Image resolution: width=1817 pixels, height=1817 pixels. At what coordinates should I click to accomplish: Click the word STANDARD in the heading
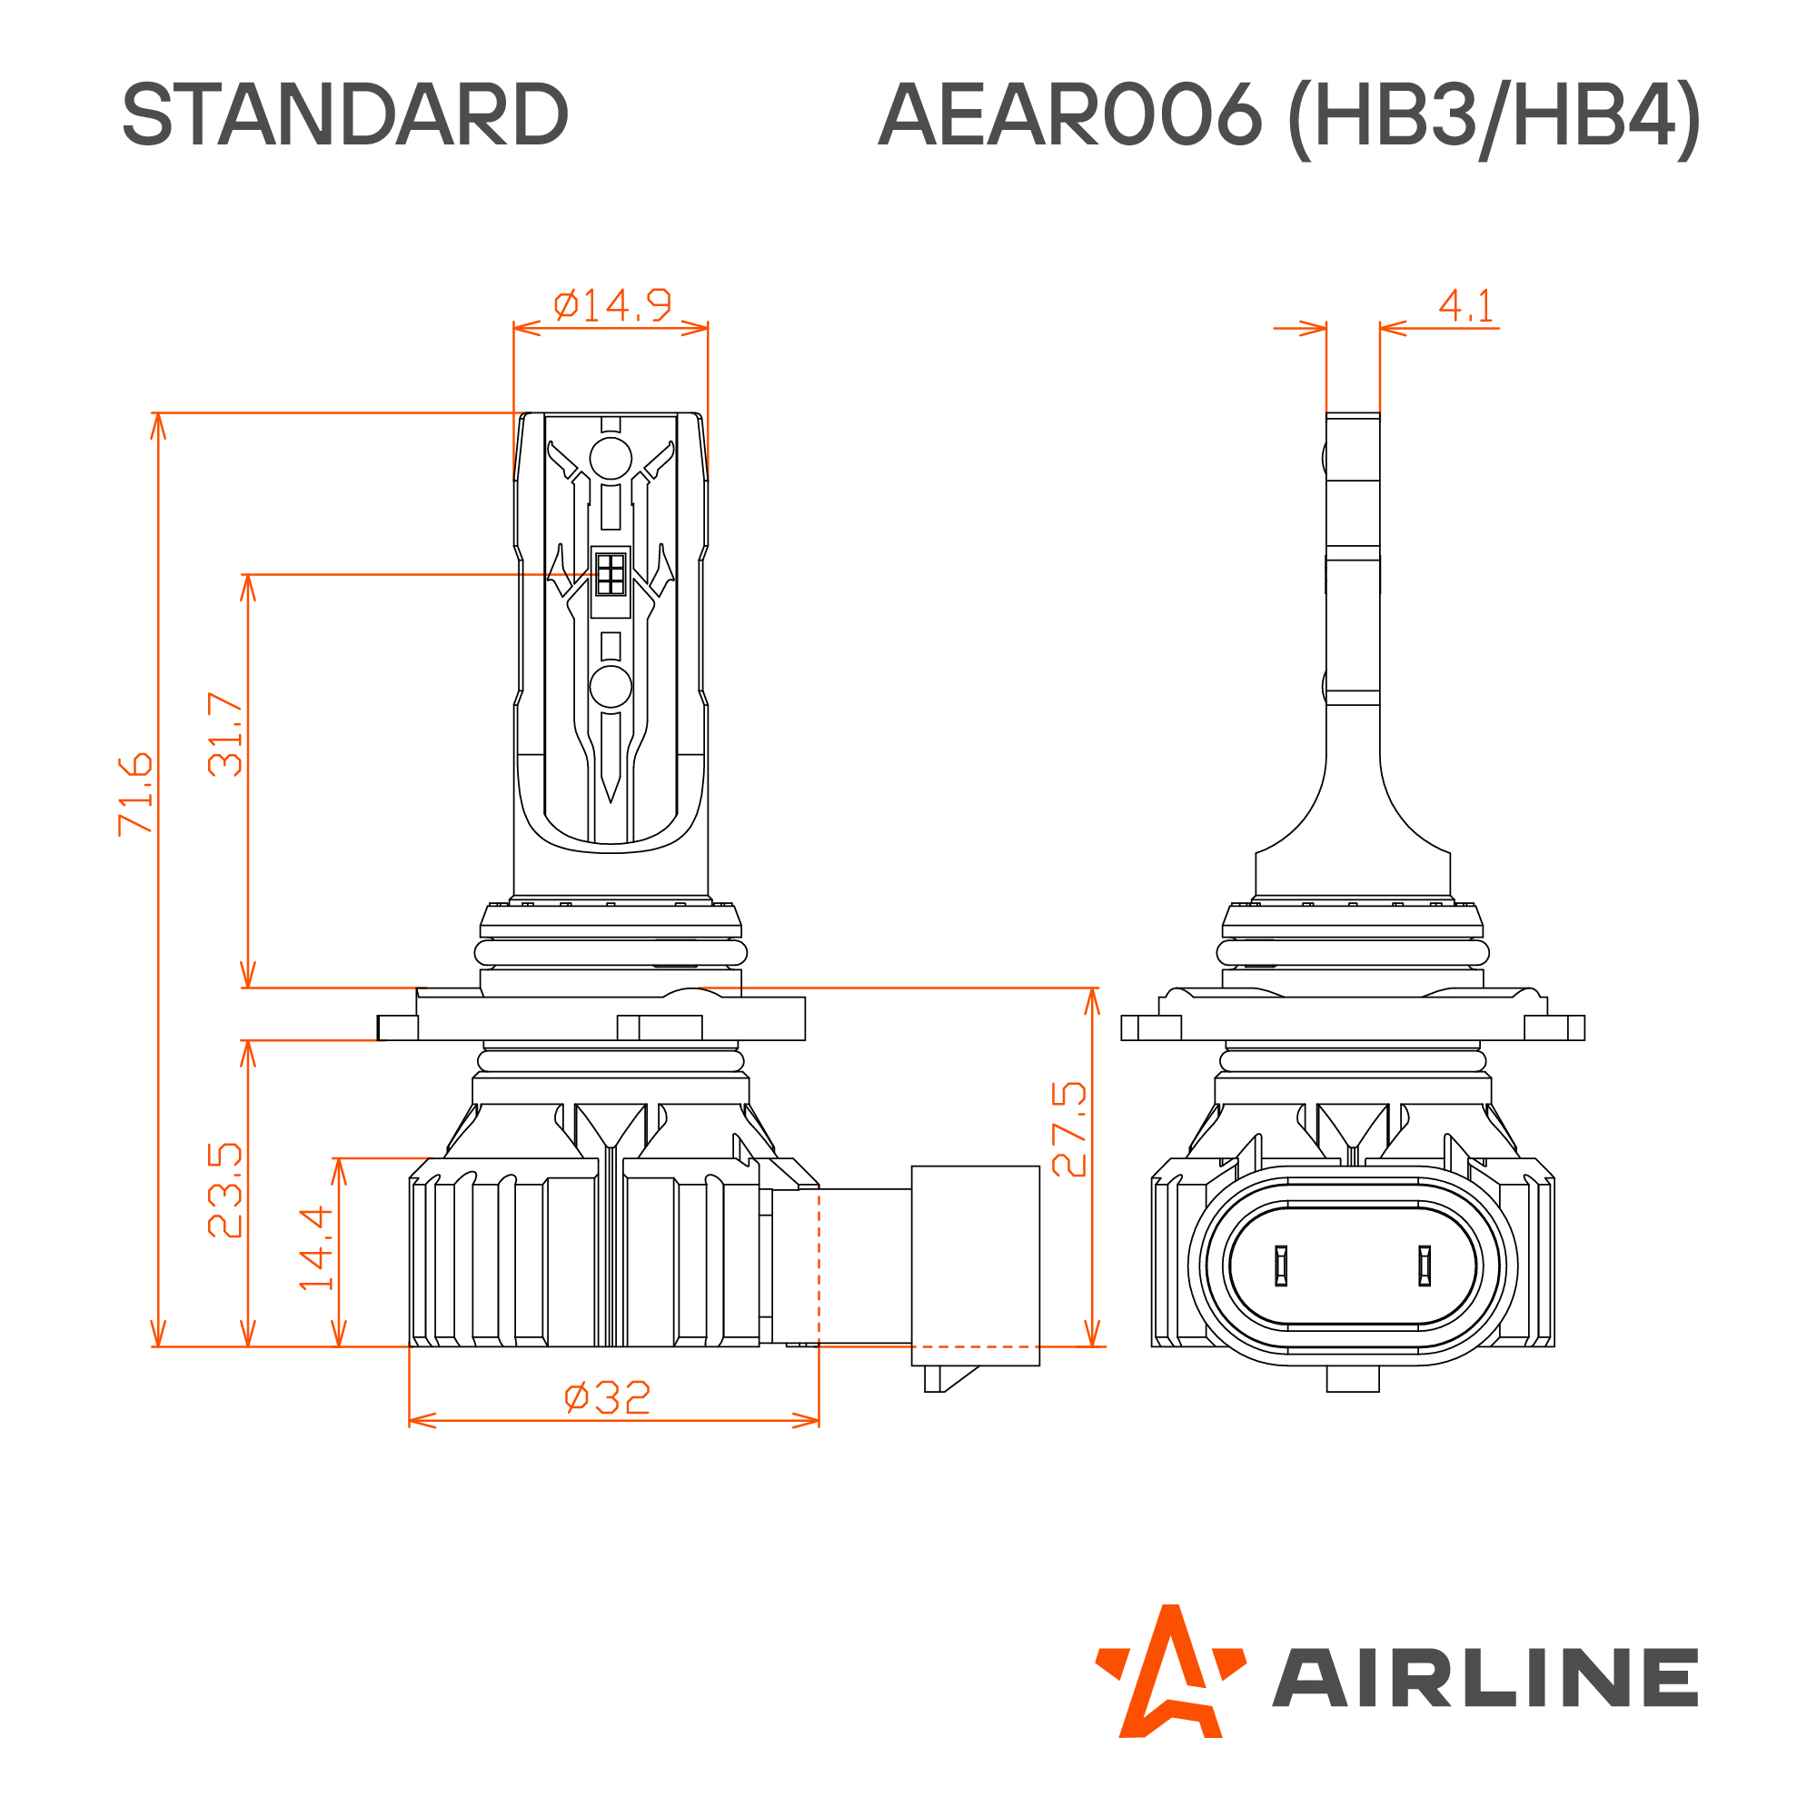(345, 114)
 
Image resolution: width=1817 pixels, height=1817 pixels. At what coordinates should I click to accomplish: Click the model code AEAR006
(1069, 114)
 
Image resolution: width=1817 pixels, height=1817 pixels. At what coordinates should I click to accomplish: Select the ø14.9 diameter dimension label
(612, 304)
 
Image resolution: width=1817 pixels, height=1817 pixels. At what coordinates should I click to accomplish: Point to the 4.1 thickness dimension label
(1465, 305)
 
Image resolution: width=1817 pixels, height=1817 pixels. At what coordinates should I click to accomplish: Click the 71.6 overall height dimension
(135, 794)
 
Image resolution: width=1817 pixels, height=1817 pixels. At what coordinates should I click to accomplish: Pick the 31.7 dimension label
(225, 734)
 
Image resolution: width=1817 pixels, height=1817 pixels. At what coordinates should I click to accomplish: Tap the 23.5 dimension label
(225, 1190)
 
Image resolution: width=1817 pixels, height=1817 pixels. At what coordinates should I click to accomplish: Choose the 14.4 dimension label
(316, 1248)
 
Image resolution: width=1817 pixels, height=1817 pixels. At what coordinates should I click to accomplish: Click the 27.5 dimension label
(1069, 1129)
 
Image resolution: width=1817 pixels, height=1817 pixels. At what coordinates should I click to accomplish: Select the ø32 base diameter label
(608, 1397)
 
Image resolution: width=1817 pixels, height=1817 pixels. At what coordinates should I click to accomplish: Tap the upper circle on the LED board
(611, 459)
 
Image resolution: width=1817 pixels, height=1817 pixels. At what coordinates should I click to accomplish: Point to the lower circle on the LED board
(611, 687)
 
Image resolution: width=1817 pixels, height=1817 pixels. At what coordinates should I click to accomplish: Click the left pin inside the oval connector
(1280, 1266)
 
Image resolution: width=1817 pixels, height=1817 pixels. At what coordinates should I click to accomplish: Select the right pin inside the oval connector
(1424, 1266)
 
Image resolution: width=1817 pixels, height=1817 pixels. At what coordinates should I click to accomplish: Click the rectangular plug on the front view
(975, 1266)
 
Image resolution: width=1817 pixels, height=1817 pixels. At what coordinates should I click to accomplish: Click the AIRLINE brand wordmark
(1485, 1678)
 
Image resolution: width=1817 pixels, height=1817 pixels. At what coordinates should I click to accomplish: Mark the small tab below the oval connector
(1353, 1379)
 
